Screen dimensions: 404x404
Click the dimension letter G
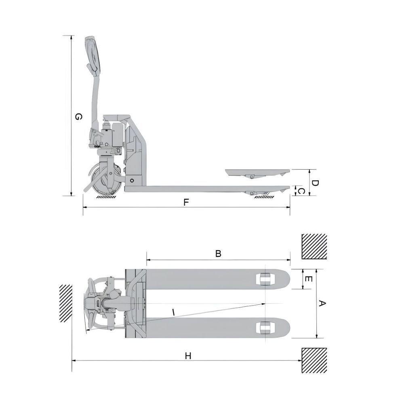(x=79, y=117)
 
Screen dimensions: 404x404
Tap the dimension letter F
(x=186, y=202)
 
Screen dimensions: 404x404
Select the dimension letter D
(x=316, y=183)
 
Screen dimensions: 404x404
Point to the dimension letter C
(x=301, y=191)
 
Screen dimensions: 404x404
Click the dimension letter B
(x=218, y=254)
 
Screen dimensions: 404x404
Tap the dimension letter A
(x=322, y=303)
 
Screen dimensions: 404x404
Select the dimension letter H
(x=188, y=356)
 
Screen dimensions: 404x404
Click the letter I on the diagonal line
(x=173, y=312)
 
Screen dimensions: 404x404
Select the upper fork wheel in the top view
(x=265, y=278)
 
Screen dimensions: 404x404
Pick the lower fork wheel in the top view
(x=265, y=327)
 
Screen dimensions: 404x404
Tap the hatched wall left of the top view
(x=66, y=303)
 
